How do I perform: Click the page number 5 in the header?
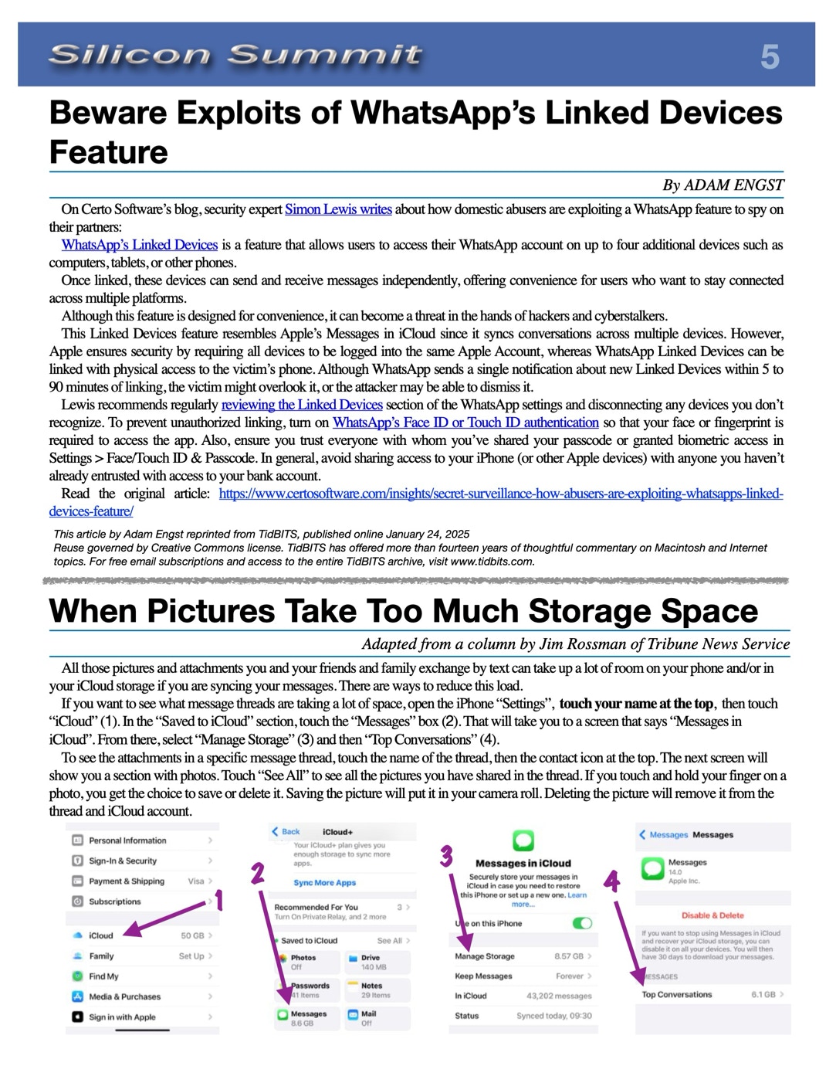(x=769, y=57)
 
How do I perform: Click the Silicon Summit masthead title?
(x=235, y=55)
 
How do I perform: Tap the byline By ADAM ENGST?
(x=723, y=185)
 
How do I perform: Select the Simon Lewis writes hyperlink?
(x=338, y=209)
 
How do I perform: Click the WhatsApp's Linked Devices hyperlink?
(x=140, y=245)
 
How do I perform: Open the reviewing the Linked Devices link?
(x=302, y=405)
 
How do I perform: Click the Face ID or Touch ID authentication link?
(x=465, y=423)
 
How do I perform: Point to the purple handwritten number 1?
(x=218, y=900)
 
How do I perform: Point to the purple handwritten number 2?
(x=258, y=873)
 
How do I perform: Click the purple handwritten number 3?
(x=446, y=857)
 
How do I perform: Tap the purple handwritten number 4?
(x=611, y=881)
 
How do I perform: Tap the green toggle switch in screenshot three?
(x=582, y=923)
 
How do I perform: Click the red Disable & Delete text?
(x=712, y=915)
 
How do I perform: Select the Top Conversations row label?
(x=677, y=995)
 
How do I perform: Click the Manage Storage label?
(x=485, y=956)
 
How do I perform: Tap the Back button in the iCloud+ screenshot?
(x=286, y=832)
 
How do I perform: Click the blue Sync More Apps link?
(x=324, y=883)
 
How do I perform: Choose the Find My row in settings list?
(x=103, y=976)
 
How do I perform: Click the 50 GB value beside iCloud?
(x=192, y=935)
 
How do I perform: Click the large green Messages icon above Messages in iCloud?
(x=523, y=840)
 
